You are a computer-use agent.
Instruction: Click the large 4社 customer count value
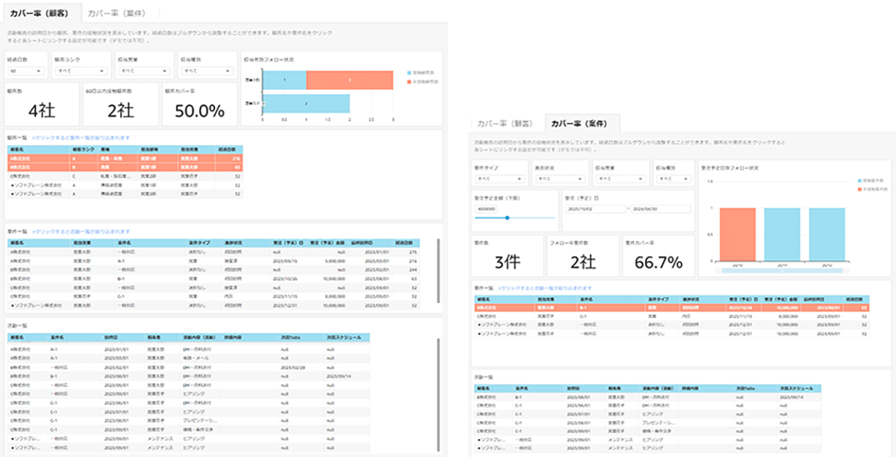[x=42, y=110]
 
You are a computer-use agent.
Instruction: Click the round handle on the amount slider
[x=507, y=217]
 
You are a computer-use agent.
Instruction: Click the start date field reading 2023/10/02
[x=595, y=207]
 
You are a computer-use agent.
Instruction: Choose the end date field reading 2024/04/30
[x=660, y=207]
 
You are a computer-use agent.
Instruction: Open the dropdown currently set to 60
[x=26, y=71]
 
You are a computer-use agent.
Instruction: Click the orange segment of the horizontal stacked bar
[x=349, y=80]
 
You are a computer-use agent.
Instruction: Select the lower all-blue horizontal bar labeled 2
[x=306, y=103]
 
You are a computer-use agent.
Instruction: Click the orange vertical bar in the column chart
[x=737, y=235]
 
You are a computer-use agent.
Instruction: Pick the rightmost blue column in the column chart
[x=827, y=235]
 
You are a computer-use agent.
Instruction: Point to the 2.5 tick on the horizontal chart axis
[x=371, y=119]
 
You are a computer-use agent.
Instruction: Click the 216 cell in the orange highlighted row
[x=231, y=158]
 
